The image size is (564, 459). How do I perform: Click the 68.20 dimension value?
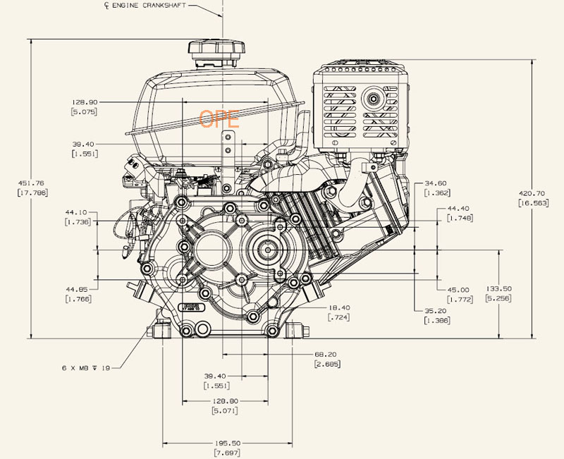point(327,354)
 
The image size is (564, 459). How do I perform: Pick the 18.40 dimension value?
point(338,307)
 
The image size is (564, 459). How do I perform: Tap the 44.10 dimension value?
point(76,212)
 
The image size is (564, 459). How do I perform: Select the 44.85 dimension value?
point(76,289)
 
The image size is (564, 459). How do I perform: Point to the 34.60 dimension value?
point(436,183)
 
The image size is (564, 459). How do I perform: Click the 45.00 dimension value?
point(458,290)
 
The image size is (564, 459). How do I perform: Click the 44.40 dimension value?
point(459,209)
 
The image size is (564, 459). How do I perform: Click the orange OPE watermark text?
point(219,118)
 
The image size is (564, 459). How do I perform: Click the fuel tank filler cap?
point(216,51)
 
